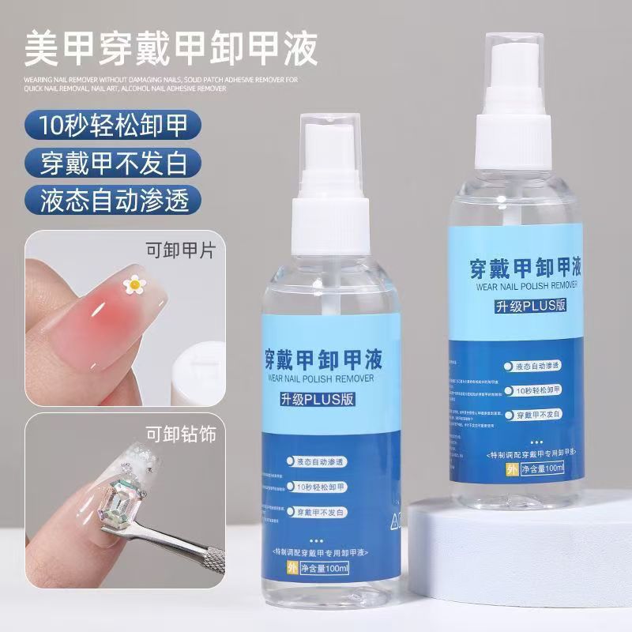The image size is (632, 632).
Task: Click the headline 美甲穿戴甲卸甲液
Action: tap(171, 48)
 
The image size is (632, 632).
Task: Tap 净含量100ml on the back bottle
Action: tap(536, 468)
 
